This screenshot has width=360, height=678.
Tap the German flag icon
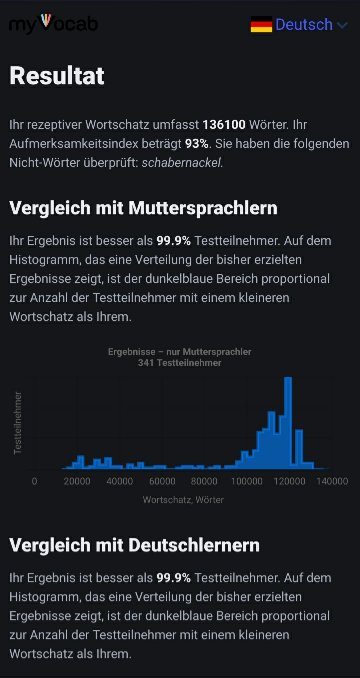(x=261, y=24)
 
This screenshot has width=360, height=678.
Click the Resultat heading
(x=57, y=76)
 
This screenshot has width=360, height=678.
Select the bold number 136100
(x=224, y=124)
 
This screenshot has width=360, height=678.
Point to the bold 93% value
(x=197, y=144)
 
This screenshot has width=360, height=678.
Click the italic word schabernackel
(x=182, y=163)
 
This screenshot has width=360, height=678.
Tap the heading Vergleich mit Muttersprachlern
(x=143, y=208)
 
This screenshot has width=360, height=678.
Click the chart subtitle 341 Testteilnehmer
(x=180, y=363)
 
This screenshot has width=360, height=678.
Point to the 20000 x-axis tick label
(x=77, y=481)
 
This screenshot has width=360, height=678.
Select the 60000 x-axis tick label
(x=162, y=481)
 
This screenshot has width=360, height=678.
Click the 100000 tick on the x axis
(x=247, y=481)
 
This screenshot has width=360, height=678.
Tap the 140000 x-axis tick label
(x=332, y=481)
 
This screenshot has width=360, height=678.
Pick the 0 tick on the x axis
(x=34, y=481)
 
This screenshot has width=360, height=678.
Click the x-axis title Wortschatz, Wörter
(x=183, y=499)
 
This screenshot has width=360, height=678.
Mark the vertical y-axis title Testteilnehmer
(x=18, y=423)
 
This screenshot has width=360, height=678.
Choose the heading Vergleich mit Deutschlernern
(x=134, y=545)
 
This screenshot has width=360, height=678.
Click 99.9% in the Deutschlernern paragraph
(x=174, y=578)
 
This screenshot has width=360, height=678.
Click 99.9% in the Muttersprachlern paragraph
(x=174, y=241)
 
